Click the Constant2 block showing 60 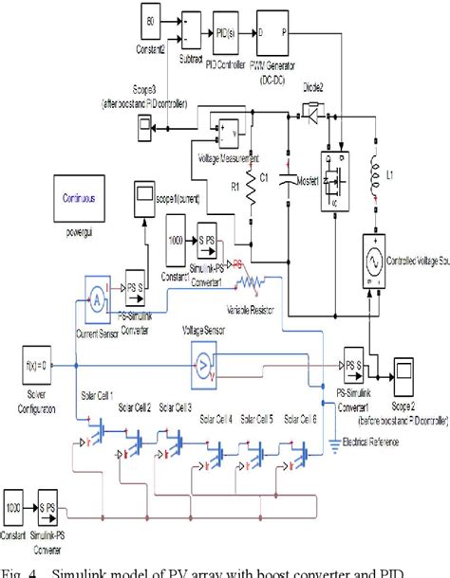pyautogui.click(x=151, y=21)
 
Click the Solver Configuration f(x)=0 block pyautogui.click(x=31, y=365)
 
